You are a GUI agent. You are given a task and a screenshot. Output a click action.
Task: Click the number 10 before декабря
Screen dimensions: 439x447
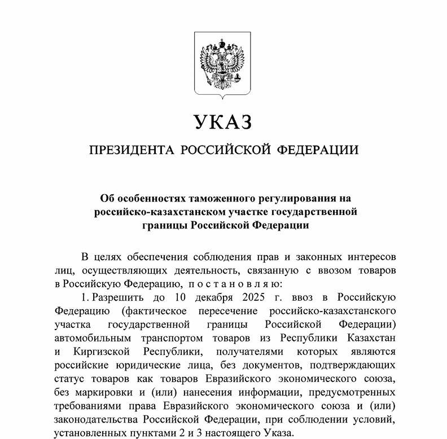tap(181, 297)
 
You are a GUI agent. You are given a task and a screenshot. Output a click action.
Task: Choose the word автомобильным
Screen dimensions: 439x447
tap(89, 338)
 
